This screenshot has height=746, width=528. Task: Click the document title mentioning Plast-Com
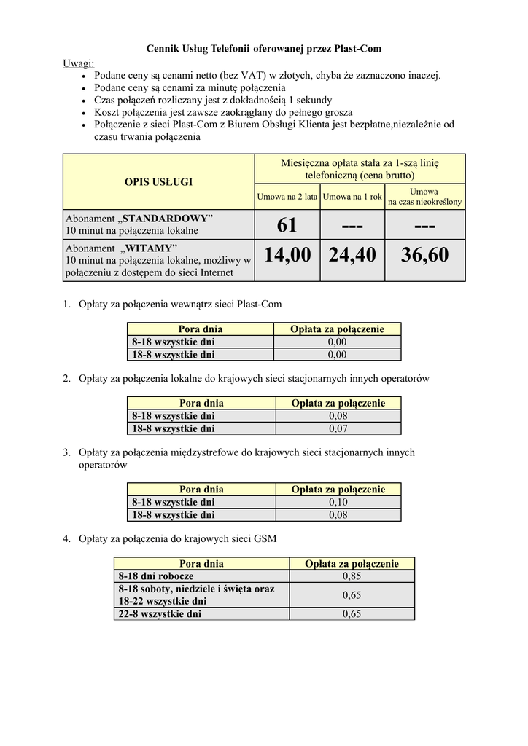click(x=264, y=49)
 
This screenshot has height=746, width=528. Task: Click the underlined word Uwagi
click(x=78, y=63)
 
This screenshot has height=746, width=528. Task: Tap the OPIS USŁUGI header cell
click(x=158, y=181)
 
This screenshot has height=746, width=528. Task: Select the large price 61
click(x=287, y=225)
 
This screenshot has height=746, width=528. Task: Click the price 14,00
click(x=287, y=255)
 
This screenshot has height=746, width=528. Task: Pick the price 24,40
click(x=352, y=255)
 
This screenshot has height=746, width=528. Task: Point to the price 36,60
click(x=424, y=255)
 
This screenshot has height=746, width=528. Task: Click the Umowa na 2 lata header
click(x=287, y=197)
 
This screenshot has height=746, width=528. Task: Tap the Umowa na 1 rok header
click(x=352, y=197)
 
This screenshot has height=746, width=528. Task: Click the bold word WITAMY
click(x=148, y=247)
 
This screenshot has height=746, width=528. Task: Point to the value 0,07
click(x=338, y=428)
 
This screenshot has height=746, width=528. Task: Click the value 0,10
click(x=338, y=502)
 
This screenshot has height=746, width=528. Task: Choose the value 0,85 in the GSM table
click(x=352, y=576)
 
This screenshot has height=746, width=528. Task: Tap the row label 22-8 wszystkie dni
click(x=159, y=614)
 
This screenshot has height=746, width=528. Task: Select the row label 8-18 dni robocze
click(x=155, y=576)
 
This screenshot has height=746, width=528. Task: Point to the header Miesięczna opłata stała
click(x=360, y=169)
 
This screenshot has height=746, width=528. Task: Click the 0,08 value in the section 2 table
click(x=338, y=416)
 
